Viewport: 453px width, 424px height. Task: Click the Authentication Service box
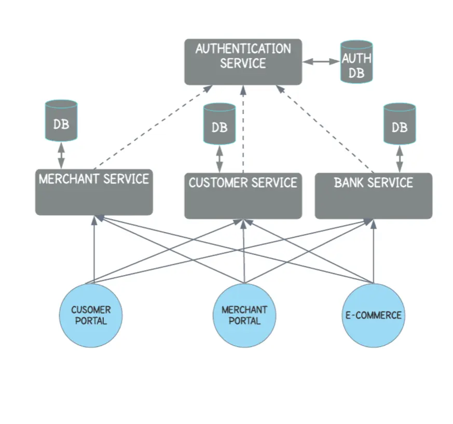point(243,62)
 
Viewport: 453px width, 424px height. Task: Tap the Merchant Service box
point(94,192)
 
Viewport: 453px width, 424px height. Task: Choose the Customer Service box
point(243,196)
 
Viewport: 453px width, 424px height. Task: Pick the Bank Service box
point(373,196)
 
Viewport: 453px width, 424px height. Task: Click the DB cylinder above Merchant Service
point(61,120)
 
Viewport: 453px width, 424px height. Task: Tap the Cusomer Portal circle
point(91,315)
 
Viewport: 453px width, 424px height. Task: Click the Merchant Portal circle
point(244,315)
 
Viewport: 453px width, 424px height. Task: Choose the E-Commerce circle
point(373,315)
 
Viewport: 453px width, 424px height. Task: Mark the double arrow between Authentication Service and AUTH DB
point(321,61)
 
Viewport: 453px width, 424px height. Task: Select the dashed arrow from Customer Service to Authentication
point(242,130)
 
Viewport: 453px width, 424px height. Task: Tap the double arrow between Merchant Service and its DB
point(61,154)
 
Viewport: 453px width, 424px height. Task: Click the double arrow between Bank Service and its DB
point(400,159)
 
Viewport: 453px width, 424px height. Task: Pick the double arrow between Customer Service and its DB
point(219,159)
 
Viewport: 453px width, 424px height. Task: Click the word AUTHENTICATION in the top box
point(243,49)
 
